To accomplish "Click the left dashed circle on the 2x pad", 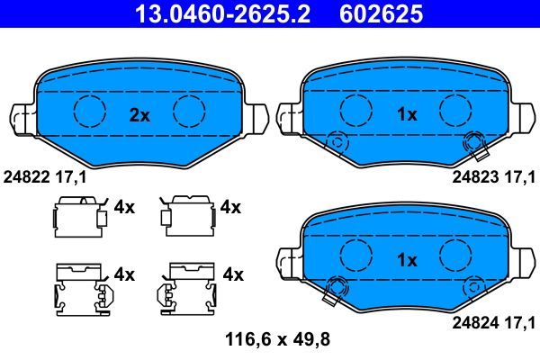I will click(89, 111).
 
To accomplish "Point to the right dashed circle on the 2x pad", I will click(190, 111).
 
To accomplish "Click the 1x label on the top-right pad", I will click(408, 114).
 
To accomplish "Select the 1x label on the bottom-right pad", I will click(408, 260).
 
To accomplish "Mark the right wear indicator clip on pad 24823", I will click(473, 141).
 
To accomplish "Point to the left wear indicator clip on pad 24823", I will click(337, 141).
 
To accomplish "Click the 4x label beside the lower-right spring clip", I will click(231, 273).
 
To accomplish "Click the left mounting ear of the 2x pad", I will click(24, 117).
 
